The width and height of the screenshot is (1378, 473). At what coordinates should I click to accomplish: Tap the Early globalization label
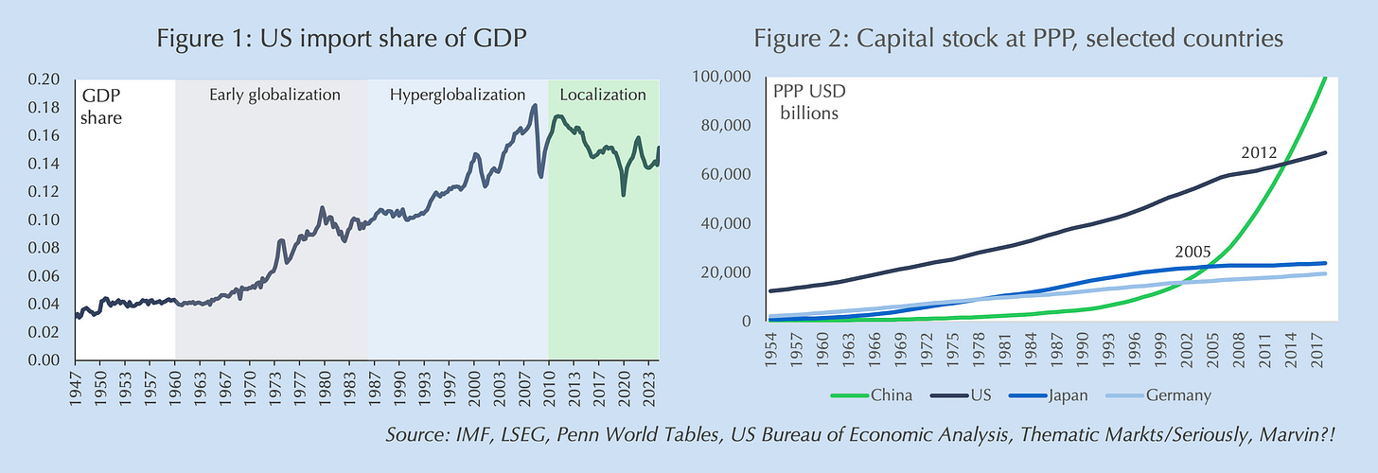(x=274, y=95)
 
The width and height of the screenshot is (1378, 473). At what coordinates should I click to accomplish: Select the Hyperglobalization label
(x=457, y=95)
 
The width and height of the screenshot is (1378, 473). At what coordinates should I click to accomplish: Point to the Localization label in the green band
(x=603, y=95)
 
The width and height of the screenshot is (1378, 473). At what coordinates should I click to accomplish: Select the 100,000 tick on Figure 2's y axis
(x=722, y=76)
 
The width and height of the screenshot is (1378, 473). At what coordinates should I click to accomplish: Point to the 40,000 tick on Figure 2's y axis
(x=726, y=223)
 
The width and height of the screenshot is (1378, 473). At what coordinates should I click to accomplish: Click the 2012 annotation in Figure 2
(x=1260, y=152)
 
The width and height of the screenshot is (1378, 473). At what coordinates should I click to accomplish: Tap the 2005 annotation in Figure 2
(x=1192, y=253)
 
